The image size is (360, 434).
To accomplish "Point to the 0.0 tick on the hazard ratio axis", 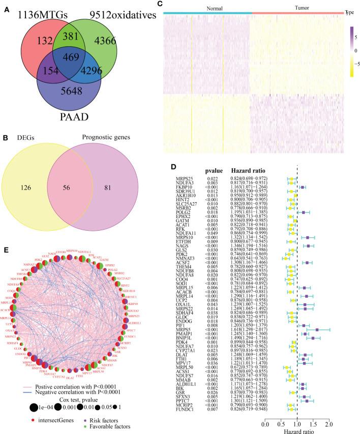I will coord(264,423).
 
